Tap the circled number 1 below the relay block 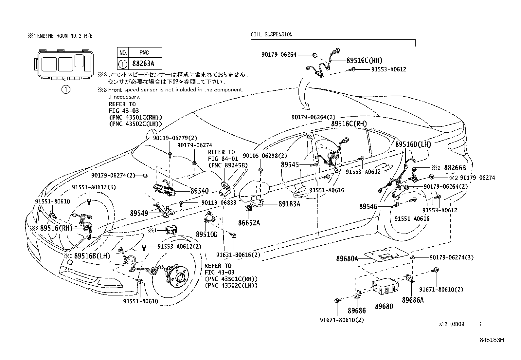point(66,89)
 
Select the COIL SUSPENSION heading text point(271,34)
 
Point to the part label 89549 point(139,213)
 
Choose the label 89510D point(207,235)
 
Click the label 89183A point(289,204)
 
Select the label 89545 point(290,165)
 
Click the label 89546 point(368,207)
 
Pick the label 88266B point(455,168)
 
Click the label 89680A point(347,258)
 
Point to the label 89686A point(413,300)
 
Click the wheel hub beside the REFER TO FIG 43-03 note point(179,277)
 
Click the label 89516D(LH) point(413,144)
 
